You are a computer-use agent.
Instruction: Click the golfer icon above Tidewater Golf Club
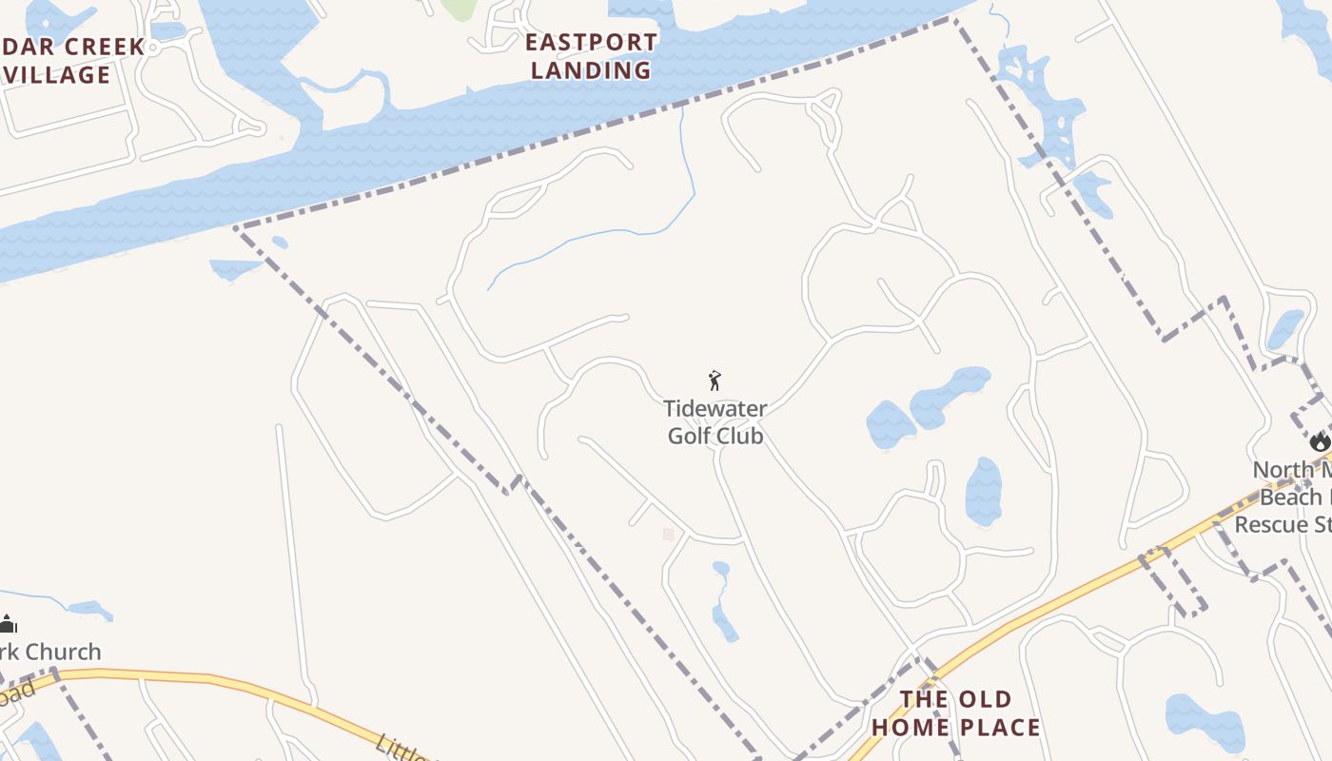(715, 380)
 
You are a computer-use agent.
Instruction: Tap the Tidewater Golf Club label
(715, 422)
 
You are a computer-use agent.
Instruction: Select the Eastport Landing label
(591, 56)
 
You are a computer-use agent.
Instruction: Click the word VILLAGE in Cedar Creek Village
(57, 75)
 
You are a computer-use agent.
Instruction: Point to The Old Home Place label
(956, 713)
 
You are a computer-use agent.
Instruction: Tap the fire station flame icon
(1319, 441)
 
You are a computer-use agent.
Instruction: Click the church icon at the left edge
(8, 624)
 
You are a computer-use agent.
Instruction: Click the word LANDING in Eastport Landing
(591, 70)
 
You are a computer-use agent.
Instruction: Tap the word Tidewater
(715, 409)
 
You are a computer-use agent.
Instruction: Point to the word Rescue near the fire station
(1275, 524)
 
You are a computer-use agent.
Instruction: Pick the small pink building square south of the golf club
(669, 535)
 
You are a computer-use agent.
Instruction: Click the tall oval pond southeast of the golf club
(984, 491)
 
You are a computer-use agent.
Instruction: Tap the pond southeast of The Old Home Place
(1205, 721)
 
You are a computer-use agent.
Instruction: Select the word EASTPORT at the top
(591, 43)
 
